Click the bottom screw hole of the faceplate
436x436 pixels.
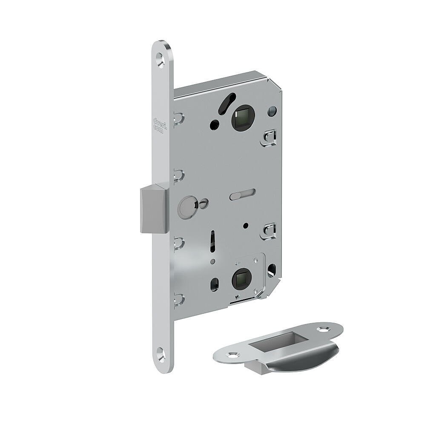tap(161, 353)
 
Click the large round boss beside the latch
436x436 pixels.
tap(186, 207)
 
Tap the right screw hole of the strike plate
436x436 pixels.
tap(325, 329)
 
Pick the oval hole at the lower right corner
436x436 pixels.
tap(272, 270)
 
